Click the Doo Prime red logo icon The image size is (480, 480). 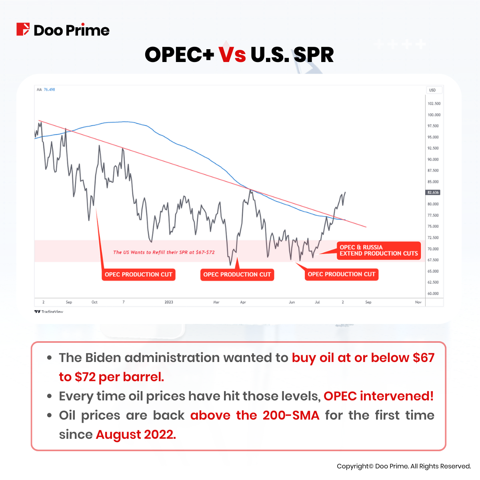pos(23,30)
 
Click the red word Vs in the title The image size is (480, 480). pos(232,55)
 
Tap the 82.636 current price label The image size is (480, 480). pos(433,192)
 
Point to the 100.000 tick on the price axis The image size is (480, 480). pos(434,115)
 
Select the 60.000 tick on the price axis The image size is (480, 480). pos(433,294)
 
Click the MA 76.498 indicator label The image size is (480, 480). pos(46,90)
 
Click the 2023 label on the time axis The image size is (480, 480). pos(169,302)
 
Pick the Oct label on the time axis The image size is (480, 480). pos(94,302)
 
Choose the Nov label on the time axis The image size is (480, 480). pos(418,302)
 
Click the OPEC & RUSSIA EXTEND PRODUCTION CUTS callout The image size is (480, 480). pos(378,250)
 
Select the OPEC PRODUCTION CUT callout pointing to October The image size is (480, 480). pos(138,274)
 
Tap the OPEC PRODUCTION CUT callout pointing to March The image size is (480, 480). pos(237,274)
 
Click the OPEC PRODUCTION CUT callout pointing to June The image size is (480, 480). pos(342,274)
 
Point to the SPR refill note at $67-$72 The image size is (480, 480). pos(164,252)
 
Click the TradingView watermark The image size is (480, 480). pos(49,312)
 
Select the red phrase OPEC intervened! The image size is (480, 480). pos(378,396)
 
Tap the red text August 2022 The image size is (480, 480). pos(136,434)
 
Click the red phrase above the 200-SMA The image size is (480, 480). pos(255,415)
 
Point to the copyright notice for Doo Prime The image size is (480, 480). pos(404,466)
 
